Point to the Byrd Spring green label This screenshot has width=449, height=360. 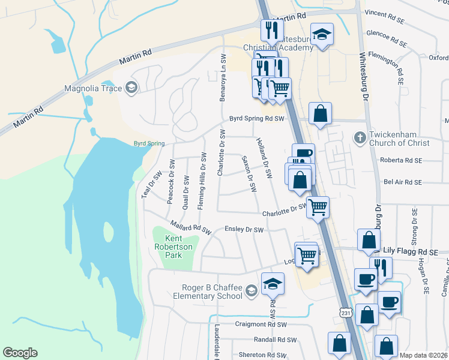point(148,144)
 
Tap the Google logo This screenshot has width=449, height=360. point(20,353)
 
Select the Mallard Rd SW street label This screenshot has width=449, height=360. point(191,228)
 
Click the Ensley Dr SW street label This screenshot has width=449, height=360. point(244,230)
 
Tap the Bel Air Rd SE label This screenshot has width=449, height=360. point(401,182)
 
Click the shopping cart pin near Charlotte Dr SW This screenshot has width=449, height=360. point(318,207)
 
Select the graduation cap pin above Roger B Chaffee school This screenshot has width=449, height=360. point(273,283)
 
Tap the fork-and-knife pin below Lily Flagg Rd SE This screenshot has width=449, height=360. point(381,267)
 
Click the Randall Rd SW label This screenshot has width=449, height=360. point(276,340)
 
